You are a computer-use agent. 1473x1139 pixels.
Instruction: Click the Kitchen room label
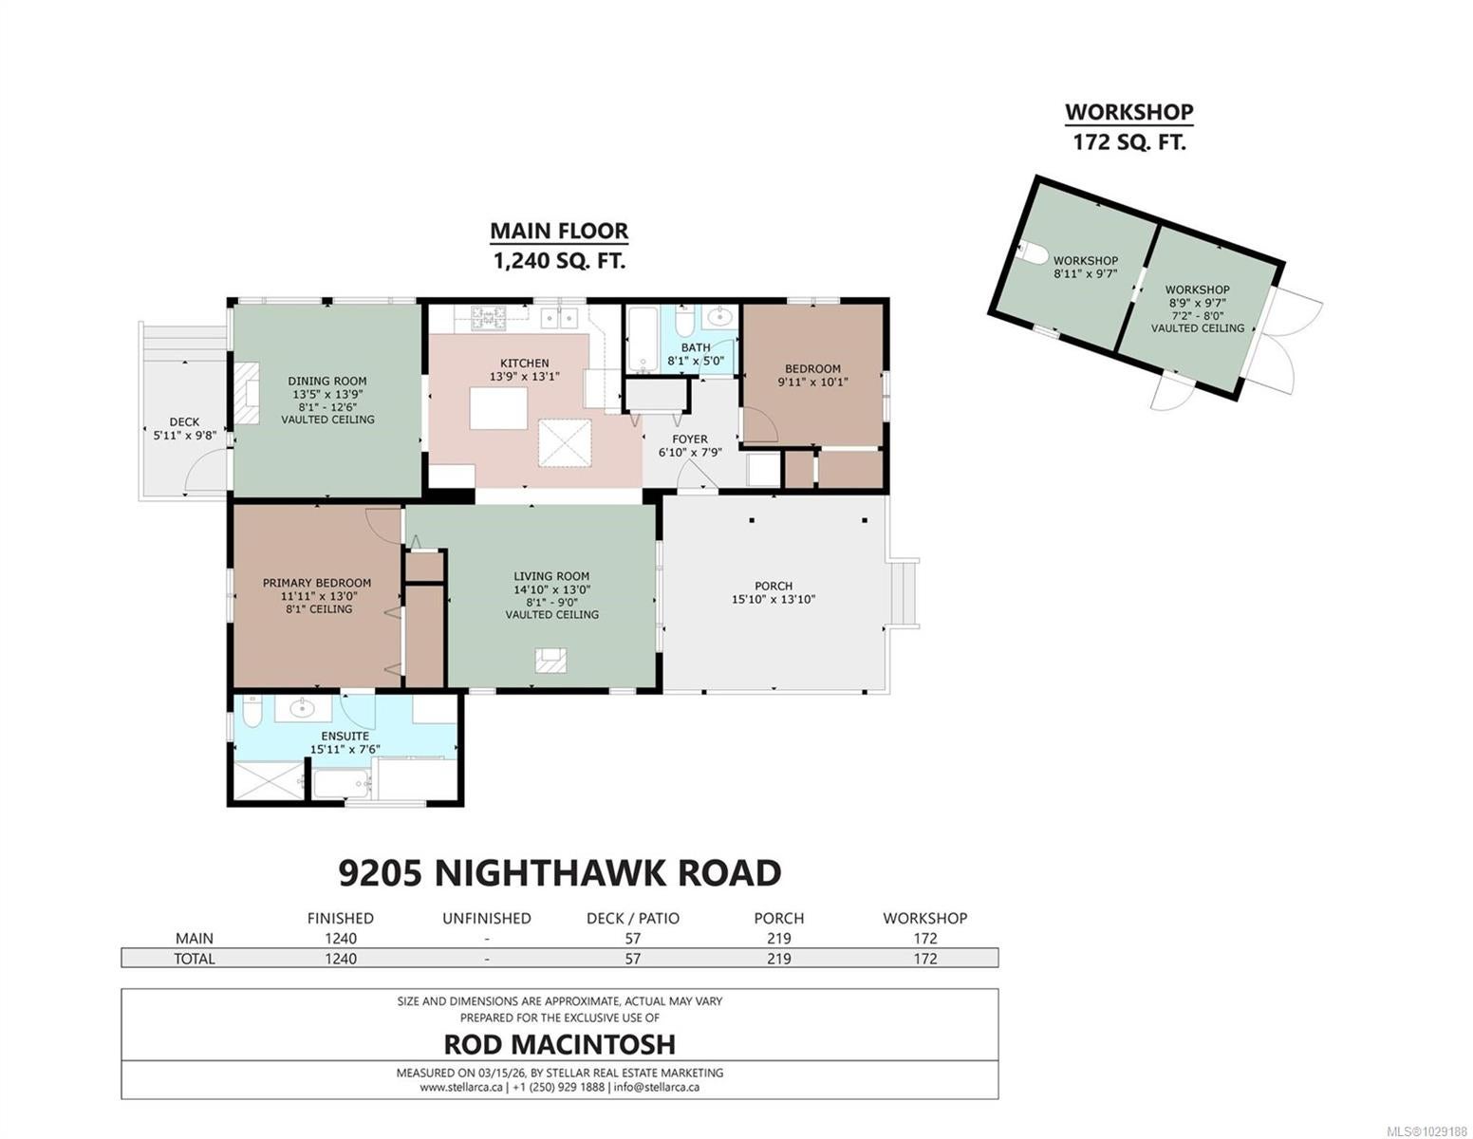click(524, 364)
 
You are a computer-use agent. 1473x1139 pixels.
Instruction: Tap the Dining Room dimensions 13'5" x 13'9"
click(326, 394)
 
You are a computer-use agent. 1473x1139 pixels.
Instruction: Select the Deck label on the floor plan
click(184, 422)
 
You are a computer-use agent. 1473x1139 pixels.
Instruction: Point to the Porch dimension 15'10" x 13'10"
click(773, 599)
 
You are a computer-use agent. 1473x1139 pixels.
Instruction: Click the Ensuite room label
click(345, 736)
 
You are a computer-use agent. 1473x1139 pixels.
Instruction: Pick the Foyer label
click(690, 439)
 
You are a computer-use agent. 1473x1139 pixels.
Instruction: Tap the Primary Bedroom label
click(317, 583)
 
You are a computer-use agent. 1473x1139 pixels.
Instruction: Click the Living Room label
click(551, 576)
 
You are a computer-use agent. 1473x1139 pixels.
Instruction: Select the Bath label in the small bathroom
click(696, 347)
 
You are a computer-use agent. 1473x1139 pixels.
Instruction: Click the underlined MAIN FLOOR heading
click(559, 231)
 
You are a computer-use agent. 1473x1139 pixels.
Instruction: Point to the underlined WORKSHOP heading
click(1128, 112)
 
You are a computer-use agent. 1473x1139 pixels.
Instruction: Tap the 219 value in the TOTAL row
click(779, 959)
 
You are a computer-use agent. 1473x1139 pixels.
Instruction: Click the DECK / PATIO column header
click(632, 918)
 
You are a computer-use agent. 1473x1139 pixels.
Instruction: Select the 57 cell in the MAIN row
click(632, 939)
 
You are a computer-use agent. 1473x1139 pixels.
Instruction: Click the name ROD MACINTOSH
click(559, 1044)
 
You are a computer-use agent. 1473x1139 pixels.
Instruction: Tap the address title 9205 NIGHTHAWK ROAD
click(559, 873)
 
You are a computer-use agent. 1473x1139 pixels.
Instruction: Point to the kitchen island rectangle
click(498, 408)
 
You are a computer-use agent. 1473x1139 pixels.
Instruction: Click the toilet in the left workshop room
click(1032, 252)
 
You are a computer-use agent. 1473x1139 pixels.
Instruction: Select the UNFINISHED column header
click(487, 918)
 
